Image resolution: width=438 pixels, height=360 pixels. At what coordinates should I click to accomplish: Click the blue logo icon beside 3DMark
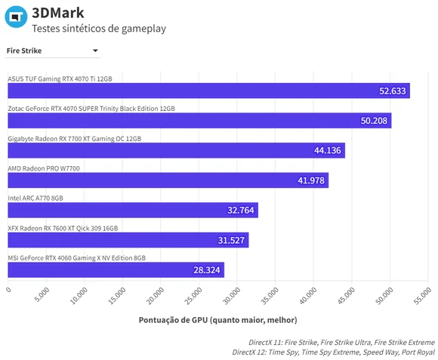tap(16, 17)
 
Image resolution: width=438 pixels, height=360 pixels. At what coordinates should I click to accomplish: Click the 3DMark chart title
tap(58, 13)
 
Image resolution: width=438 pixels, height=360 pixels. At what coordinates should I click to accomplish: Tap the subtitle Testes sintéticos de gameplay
tap(99, 29)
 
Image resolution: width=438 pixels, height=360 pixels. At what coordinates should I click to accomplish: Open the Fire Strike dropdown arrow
tap(95, 51)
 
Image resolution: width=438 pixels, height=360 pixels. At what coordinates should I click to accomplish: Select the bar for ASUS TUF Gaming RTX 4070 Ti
tap(208, 91)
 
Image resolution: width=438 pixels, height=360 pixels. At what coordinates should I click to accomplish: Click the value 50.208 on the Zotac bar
tap(374, 121)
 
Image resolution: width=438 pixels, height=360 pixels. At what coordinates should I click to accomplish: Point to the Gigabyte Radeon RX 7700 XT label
tap(74, 139)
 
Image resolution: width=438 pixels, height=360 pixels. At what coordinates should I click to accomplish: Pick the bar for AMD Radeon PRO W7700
tap(168, 180)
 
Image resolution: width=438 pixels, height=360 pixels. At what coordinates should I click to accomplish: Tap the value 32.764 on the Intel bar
tap(240, 210)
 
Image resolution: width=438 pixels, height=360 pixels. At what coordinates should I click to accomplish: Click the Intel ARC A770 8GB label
tap(35, 198)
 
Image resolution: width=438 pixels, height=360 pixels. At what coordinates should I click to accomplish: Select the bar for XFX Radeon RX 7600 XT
tap(128, 240)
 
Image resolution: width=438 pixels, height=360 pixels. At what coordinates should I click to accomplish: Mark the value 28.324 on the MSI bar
tap(207, 270)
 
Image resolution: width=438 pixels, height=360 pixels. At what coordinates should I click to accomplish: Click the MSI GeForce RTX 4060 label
tap(76, 258)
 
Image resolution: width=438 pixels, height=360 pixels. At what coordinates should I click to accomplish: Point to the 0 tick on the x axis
tap(8, 290)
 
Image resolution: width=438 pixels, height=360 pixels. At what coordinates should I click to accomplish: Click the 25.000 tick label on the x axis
tap(193, 296)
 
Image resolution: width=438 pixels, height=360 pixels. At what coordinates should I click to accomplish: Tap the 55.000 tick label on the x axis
tap(422, 296)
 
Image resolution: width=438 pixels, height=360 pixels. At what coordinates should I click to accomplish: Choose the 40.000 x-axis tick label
tap(308, 296)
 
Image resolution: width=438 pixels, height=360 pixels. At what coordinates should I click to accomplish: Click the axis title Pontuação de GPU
tap(218, 320)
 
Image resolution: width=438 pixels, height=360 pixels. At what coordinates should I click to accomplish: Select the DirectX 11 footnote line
tap(341, 343)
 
